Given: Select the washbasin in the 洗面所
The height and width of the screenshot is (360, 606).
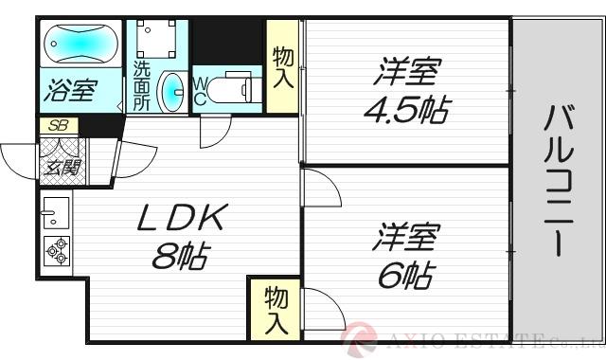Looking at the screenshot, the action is (172, 92).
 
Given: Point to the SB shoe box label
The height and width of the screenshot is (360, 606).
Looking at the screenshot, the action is (57, 124).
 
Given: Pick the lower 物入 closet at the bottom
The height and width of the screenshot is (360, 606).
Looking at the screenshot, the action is (274, 310).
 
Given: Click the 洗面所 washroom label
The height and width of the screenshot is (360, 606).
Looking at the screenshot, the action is (142, 87).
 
